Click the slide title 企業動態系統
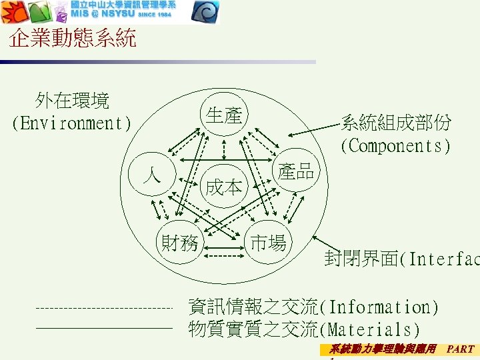[x=73, y=39]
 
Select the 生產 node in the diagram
[x=223, y=115]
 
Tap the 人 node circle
[x=153, y=176]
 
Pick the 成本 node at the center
[x=224, y=187]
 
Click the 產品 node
[x=296, y=171]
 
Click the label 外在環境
[x=73, y=101]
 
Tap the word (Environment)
[x=72, y=123]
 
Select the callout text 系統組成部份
[x=396, y=123]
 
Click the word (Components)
[x=396, y=145]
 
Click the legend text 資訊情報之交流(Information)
[x=314, y=307]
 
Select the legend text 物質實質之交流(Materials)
[x=305, y=329]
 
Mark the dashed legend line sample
[x=103, y=309]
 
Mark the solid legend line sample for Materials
[x=103, y=328]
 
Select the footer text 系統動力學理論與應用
[x=383, y=348]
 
